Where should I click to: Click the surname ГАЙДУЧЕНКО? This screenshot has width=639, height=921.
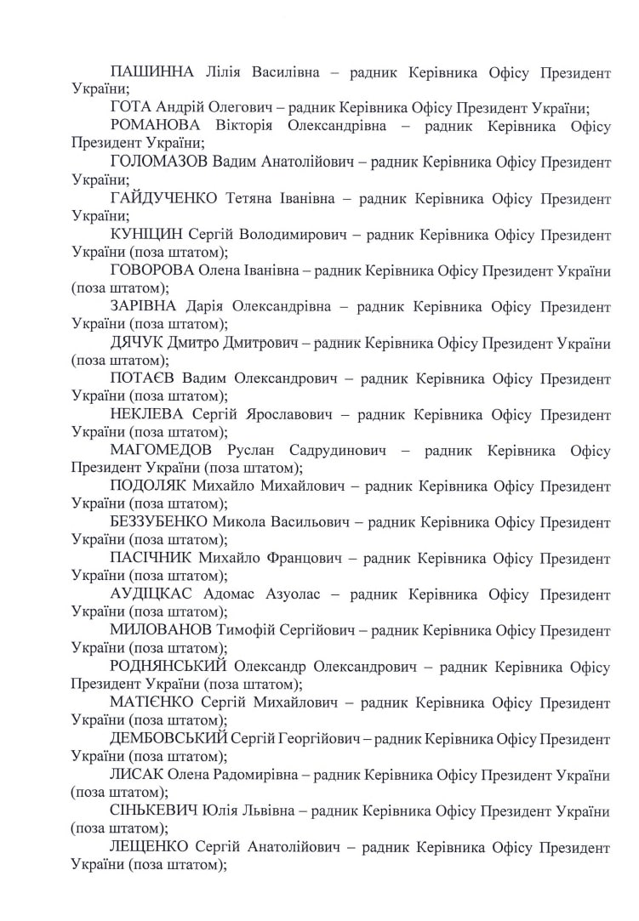coord(166,198)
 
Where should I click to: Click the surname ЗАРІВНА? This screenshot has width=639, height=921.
coord(143,306)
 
